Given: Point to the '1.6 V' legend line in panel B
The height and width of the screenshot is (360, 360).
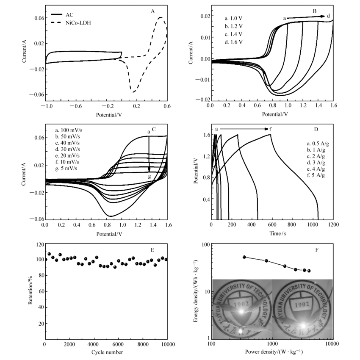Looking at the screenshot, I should tap(234, 42).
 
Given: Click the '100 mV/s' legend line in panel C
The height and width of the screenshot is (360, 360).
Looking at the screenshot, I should tap(70, 130).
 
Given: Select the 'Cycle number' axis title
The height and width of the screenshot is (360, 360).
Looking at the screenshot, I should tap(107, 352).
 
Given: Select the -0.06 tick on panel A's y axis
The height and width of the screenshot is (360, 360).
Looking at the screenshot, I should tap(36, 95).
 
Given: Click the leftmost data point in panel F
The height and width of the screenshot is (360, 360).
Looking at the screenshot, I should tap(244, 257).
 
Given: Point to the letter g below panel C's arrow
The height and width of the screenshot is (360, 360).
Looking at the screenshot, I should tap(149, 176).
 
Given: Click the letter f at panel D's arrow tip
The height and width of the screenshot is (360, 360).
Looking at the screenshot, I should tap(271, 129).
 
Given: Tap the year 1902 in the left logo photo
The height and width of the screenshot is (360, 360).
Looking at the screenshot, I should tap(241, 305).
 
